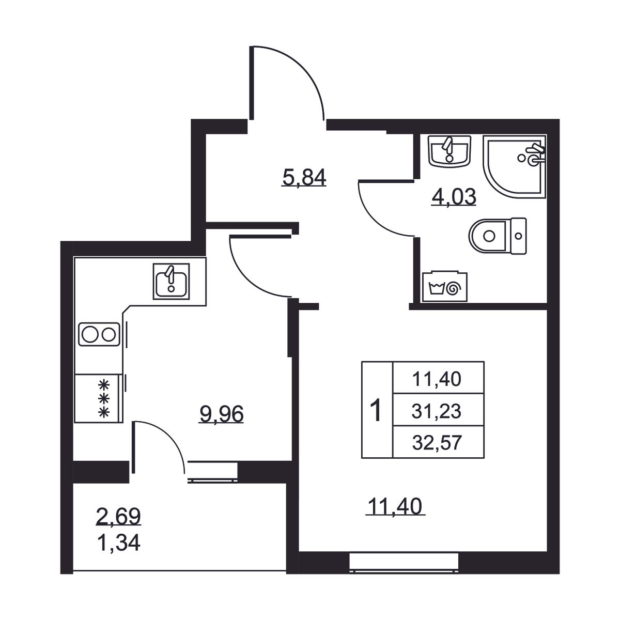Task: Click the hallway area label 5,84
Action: point(304,177)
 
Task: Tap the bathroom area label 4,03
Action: point(454,197)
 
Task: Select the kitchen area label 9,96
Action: point(221,414)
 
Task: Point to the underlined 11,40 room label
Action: point(395,506)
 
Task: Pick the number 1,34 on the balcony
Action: point(118,543)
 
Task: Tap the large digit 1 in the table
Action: point(376,410)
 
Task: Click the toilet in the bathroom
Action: point(498,236)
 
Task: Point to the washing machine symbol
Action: point(445,286)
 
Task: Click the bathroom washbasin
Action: point(450,151)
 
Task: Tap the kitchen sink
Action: point(171,281)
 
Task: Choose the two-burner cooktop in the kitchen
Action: point(99,334)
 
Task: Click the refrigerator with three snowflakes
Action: point(99,398)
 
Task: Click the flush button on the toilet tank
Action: point(518,236)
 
